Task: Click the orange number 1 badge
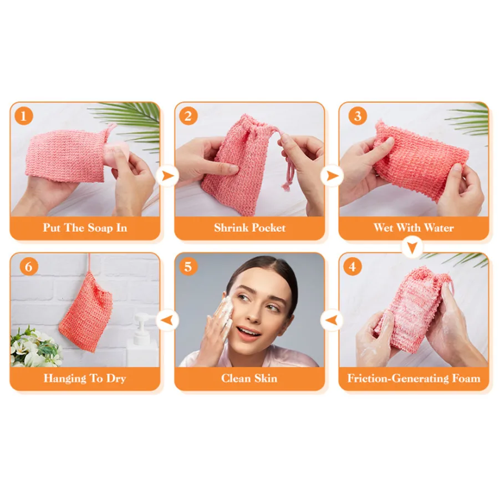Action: tap(23, 116)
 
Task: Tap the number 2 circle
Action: tap(188, 116)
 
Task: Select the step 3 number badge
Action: tap(358, 116)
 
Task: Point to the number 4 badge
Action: tap(352, 266)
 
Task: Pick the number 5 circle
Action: tap(188, 266)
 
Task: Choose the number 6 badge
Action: tap(29, 266)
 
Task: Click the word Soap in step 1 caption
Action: tap(100, 228)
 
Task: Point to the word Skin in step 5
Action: tap(266, 378)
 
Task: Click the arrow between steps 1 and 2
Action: tap(167, 176)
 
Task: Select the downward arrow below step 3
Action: tap(412, 247)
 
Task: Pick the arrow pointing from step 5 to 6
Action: tap(167, 320)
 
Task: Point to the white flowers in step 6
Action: tap(35, 348)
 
